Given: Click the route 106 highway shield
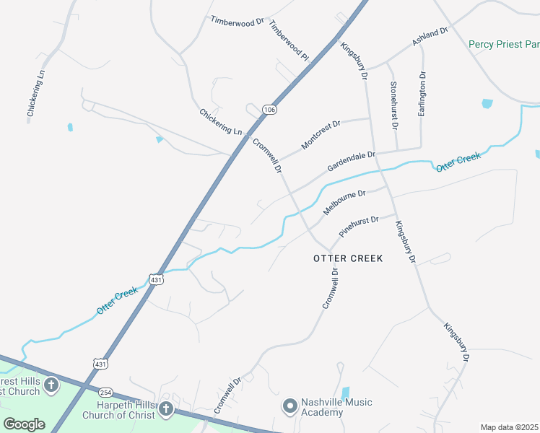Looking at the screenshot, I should coord(269,110).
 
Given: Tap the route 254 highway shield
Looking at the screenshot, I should coord(106,392).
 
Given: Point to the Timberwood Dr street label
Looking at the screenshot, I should coord(238,22).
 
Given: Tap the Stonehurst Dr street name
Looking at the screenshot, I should coord(394,105).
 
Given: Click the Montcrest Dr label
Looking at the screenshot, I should coord(321,135).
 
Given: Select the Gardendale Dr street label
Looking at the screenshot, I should coord(352,162).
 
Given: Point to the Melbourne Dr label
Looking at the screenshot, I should coord(345,203).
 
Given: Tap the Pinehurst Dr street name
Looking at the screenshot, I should coord(359,227).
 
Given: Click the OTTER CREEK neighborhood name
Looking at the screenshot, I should coord(347,258).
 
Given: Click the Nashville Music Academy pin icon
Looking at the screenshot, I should coord(290,407).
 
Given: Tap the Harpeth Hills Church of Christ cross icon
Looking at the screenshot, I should coord(166,410).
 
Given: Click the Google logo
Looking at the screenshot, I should coord(25,424).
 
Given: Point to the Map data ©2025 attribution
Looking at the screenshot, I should coord(508,427).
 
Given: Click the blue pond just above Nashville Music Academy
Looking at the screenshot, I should coord(344,393).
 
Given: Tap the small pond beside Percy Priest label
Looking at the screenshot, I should coord(487,103).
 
